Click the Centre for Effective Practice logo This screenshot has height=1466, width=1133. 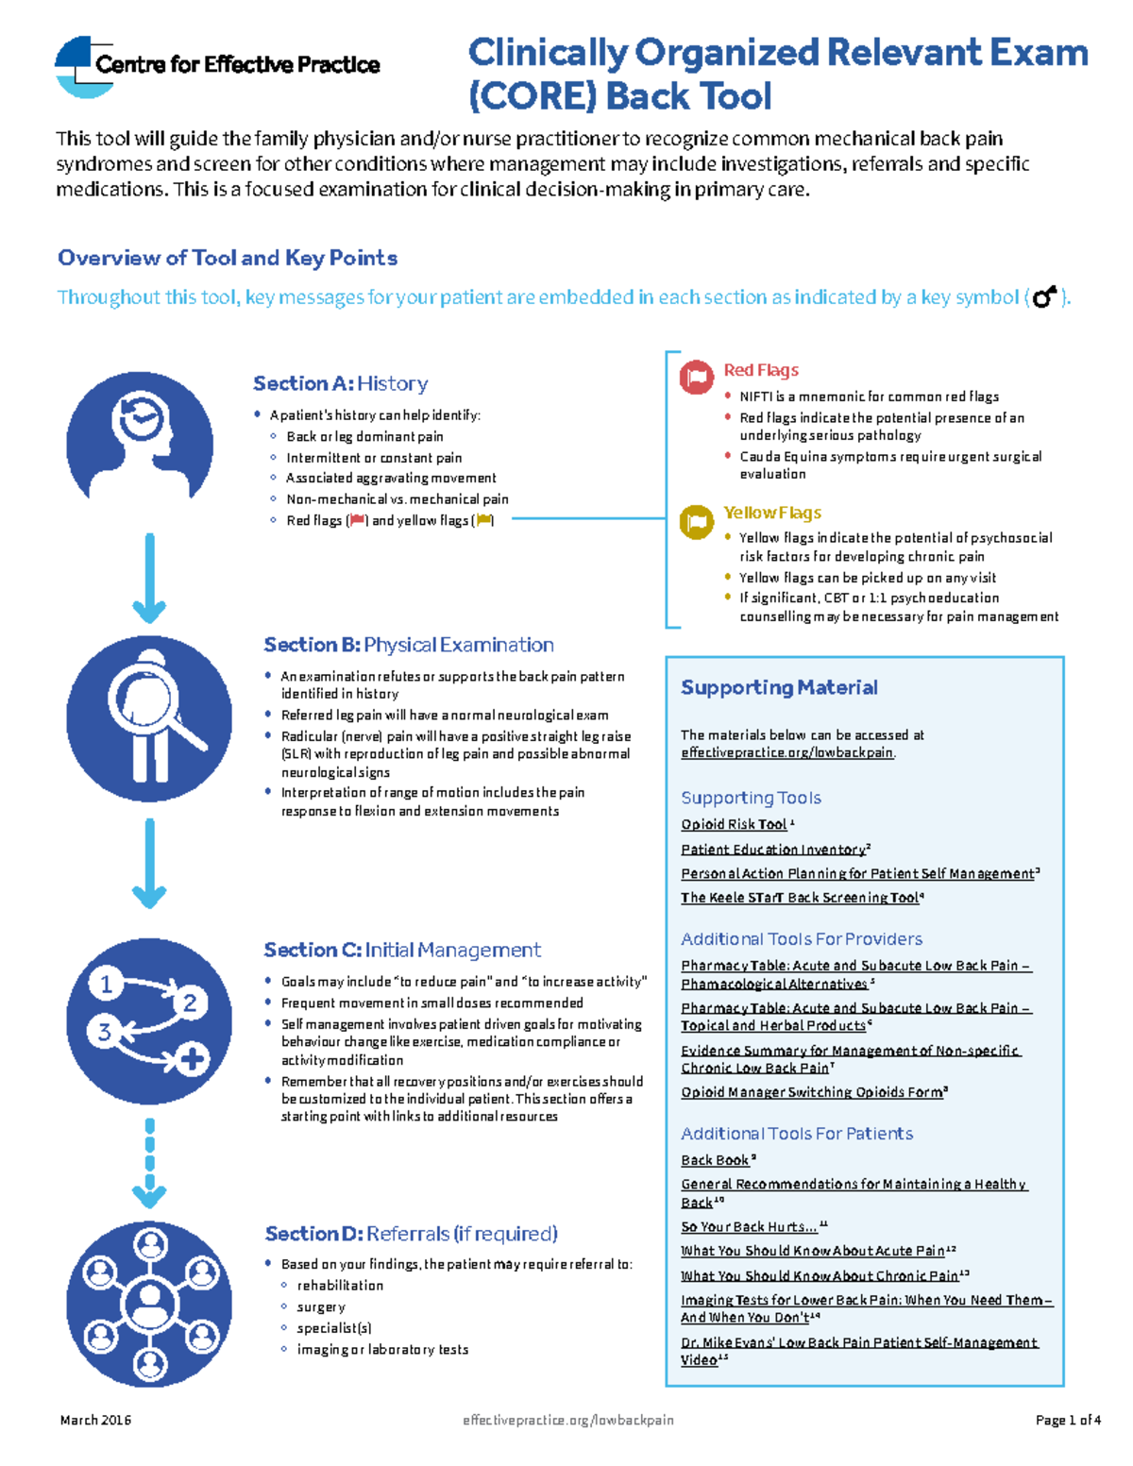click(x=217, y=65)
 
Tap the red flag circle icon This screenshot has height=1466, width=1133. click(x=697, y=378)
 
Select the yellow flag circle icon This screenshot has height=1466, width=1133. click(x=697, y=521)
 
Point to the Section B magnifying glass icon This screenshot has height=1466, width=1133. click(x=149, y=717)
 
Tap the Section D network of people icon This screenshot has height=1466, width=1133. click(x=149, y=1304)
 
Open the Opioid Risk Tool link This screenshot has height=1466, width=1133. click(x=734, y=824)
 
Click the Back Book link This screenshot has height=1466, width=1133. click(x=715, y=1160)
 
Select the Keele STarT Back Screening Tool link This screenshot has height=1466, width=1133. click(x=799, y=898)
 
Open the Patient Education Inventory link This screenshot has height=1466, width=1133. click(x=772, y=850)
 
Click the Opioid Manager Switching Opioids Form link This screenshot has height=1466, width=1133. click(x=811, y=1092)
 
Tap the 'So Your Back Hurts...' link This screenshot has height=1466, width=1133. click(x=749, y=1227)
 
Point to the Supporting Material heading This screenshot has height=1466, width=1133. click(x=779, y=687)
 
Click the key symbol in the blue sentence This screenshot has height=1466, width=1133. click(x=1044, y=297)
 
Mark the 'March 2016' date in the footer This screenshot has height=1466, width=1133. click(x=95, y=1420)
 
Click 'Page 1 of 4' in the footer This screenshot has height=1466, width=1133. click(x=1067, y=1420)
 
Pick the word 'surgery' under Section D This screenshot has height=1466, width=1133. click(x=321, y=1307)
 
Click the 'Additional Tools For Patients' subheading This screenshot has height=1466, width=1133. click(x=797, y=1134)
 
